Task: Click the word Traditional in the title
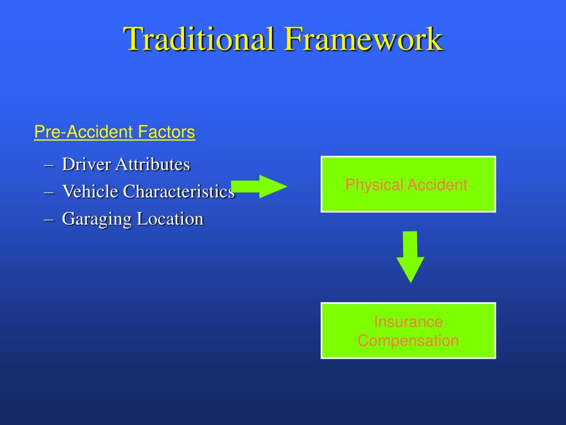199,39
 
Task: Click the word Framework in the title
364,39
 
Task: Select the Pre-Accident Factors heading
114,132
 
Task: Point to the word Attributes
153,164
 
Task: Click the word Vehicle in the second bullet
90,191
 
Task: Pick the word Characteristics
179,191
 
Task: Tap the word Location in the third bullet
170,219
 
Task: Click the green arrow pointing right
259,186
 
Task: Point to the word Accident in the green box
437,185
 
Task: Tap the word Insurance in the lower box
408,322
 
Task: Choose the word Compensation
408,340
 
